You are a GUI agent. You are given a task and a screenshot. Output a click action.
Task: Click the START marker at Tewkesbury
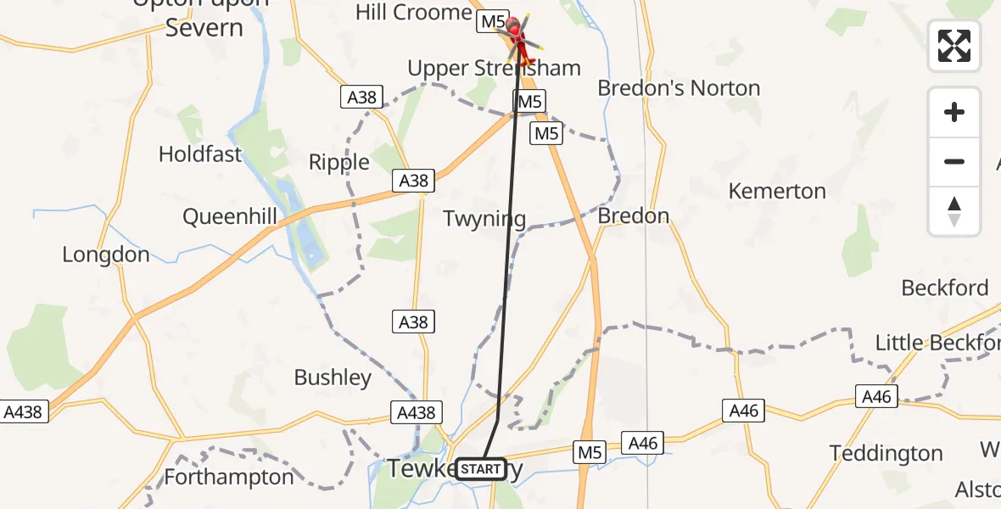[482, 469]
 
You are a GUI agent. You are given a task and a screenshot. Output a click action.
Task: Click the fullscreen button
[954, 46]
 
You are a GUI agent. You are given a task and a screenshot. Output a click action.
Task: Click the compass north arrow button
[954, 211]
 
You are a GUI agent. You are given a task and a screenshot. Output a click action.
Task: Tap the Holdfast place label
[200, 154]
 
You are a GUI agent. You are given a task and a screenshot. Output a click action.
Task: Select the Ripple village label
[339, 162]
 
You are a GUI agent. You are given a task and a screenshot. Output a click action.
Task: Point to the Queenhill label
[230, 217]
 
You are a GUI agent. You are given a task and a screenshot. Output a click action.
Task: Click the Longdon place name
[106, 255]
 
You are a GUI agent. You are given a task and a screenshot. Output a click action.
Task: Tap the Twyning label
[484, 219]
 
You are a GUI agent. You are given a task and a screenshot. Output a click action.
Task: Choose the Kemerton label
[777, 191]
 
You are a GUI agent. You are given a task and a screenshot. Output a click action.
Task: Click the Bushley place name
[333, 378]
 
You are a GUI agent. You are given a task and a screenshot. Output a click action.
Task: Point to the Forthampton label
[229, 477]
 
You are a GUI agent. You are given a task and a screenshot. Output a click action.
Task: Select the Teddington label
[886, 453]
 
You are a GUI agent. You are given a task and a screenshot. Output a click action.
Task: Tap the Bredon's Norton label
[679, 88]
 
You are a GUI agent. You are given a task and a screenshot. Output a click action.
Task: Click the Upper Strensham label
[494, 69]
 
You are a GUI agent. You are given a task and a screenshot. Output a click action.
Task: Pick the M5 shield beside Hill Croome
[492, 21]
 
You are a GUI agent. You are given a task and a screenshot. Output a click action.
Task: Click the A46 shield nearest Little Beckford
[877, 396]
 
